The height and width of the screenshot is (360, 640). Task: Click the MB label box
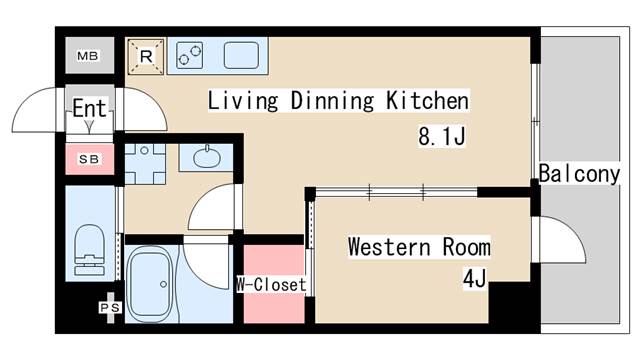click(x=89, y=54)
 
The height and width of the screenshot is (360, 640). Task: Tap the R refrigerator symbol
click(x=144, y=57)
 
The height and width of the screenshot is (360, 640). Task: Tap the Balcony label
click(x=579, y=174)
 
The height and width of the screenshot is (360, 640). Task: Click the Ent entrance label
click(x=89, y=109)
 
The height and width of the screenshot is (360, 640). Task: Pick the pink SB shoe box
click(x=89, y=158)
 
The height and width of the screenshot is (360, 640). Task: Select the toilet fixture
click(x=89, y=248)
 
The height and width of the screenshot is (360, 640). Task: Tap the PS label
click(x=109, y=307)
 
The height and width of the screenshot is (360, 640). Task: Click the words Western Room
click(x=419, y=246)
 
